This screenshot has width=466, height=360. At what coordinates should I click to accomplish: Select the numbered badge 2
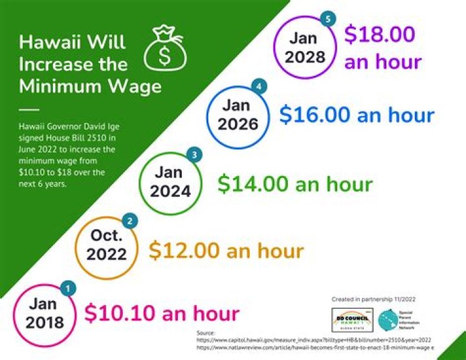(x=131, y=221)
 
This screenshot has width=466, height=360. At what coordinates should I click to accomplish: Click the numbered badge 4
(x=260, y=86)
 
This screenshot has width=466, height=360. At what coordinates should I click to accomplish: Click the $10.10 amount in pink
(x=114, y=313)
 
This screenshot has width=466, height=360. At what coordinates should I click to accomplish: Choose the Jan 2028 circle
(x=302, y=47)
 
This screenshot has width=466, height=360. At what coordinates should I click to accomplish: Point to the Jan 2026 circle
(x=234, y=114)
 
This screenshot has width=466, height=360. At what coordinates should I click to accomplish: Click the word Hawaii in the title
(x=45, y=42)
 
